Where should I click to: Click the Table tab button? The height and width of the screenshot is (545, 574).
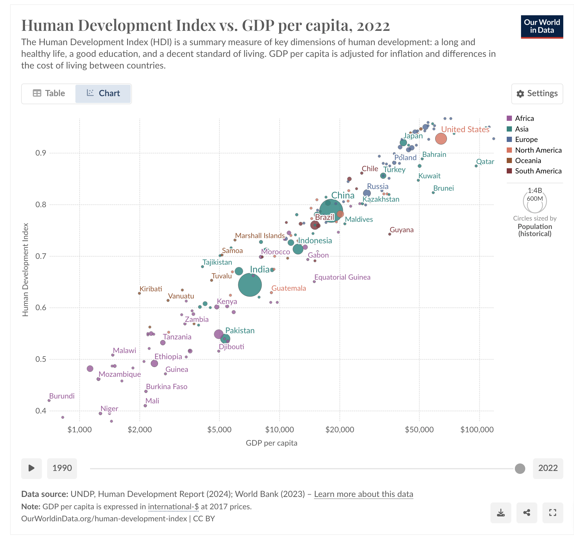point(49,94)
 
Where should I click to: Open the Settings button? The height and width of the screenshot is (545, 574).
point(537,94)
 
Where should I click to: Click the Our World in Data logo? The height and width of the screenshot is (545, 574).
point(542,27)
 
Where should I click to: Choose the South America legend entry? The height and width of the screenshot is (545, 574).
point(534,171)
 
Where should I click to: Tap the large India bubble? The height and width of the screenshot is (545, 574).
point(250,285)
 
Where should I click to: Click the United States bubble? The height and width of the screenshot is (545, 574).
point(441,139)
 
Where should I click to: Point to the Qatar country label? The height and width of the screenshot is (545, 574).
point(485,161)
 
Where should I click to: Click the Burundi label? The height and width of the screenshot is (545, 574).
point(62,396)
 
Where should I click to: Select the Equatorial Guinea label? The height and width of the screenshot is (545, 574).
point(342,277)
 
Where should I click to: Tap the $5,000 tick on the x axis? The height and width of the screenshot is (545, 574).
point(219,429)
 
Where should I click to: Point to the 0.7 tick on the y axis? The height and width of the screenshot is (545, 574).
point(41,256)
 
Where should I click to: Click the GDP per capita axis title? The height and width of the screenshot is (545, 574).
point(271,443)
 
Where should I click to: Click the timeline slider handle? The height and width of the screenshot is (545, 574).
point(520,469)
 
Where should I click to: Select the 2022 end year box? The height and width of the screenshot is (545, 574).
point(548,468)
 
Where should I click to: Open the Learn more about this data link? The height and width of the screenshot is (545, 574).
point(363,494)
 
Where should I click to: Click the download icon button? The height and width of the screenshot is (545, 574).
point(501,513)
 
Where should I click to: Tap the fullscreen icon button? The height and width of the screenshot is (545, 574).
point(553,513)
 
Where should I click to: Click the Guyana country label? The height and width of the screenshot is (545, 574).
point(401,230)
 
